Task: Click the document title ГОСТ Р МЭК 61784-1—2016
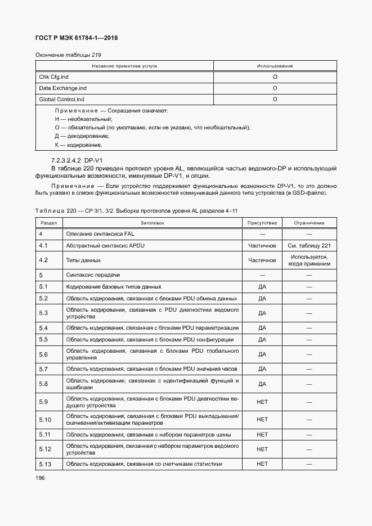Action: click(x=77, y=38)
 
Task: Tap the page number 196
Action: click(x=41, y=478)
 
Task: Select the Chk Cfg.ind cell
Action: click(x=53, y=77)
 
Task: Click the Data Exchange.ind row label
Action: click(x=62, y=88)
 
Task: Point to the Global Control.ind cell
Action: click(x=61, y=100)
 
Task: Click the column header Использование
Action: click(x=275, y=66)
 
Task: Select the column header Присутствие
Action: click(x=262, y=223)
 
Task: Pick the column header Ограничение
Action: click(x=308, y=223)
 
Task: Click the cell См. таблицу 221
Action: click(x=308, y=246)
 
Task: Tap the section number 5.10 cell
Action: click(x=45, y=419)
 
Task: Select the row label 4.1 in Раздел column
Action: click(x=43, y=246)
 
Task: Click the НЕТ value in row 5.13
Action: click(x=262, y=464)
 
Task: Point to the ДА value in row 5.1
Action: click(x=262, y=287)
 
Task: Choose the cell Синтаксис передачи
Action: click(x=93, y=275)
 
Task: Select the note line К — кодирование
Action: click(x=78, y=145)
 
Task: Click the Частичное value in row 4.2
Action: click(x=262, y=260)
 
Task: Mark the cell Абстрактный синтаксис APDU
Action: click(x=106, y=246)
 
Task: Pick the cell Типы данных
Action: click(x=83, y=260)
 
